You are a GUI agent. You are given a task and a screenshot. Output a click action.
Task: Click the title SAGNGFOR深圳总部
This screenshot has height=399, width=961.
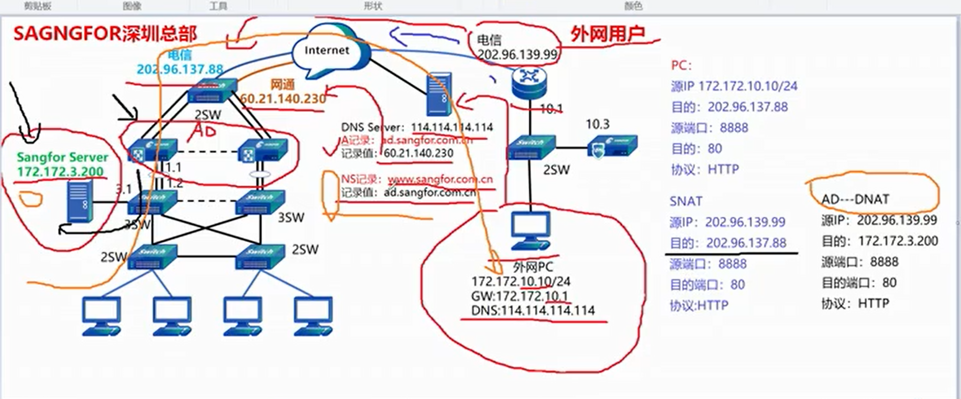[105, 34]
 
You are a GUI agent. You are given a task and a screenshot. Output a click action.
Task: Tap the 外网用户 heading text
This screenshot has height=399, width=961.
[608, 34]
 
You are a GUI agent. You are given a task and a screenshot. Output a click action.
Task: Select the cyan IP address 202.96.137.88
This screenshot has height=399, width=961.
[180, 69]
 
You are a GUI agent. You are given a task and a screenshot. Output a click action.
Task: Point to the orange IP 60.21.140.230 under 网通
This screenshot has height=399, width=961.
[283, 98]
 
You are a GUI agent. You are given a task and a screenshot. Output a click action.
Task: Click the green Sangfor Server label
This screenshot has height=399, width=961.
[62, 157]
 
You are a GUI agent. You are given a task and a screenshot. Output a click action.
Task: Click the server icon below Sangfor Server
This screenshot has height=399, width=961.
[80, 202]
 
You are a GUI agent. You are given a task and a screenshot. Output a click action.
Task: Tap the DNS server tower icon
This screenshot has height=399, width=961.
[439, 94]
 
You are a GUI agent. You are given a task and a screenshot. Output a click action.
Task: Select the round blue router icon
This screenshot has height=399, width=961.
[529, 82]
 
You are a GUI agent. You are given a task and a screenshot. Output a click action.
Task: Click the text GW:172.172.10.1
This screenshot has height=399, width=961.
[519, 296]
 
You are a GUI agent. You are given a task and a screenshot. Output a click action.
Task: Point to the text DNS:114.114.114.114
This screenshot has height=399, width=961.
[533, 310]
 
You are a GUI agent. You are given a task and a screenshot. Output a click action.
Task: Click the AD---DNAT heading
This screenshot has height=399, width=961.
[855, 199]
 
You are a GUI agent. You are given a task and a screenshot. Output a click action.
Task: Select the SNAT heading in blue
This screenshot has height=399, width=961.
[686, 202]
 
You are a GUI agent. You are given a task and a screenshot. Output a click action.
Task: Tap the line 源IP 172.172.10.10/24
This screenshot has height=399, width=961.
[734, 86]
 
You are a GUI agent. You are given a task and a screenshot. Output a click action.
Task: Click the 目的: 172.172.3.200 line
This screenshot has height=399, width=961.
[879, 241]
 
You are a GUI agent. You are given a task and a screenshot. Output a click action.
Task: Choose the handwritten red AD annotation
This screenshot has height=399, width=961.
[204, 131]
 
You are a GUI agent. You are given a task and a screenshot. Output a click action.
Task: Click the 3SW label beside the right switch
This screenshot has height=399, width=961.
[291, 218]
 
